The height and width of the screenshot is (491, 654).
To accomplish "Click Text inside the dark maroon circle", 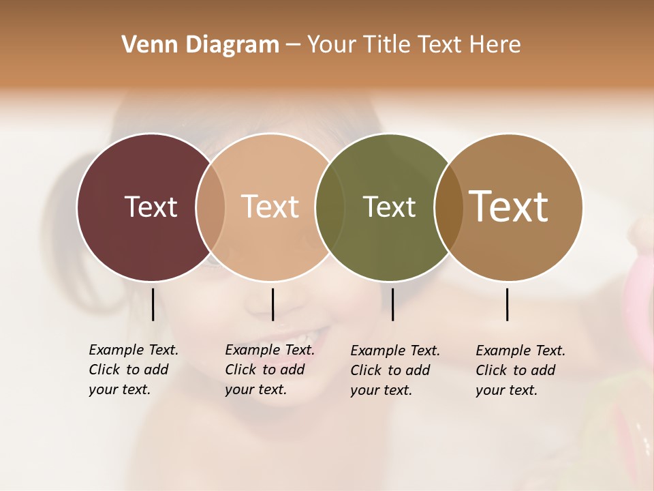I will click(151, 207).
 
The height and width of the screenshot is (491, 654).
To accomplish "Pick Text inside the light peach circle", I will click(270, 207).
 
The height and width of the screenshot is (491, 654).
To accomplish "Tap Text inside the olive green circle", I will click(389, 207).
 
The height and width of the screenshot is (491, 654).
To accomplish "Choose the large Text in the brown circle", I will click(509, 207).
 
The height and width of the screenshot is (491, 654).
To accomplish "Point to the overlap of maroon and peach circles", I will click(211, 207).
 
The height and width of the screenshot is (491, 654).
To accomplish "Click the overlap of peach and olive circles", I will click(330, 207).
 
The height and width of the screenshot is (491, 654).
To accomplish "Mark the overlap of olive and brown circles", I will click(449, 207).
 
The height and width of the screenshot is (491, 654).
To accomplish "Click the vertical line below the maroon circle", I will click(153, 304).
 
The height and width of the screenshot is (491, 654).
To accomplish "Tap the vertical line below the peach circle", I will click(272, 304).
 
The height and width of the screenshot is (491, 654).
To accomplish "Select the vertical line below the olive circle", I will click(392, 304).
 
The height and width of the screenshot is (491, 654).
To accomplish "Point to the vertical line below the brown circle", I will click(507, 304).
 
